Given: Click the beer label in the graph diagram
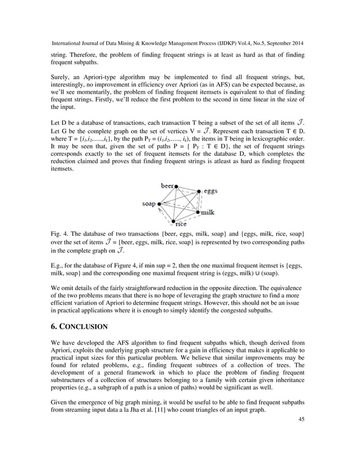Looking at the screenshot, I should pos(167,186).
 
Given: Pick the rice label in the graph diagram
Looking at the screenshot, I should pos(181,225).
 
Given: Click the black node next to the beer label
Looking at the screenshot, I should pos(177,186).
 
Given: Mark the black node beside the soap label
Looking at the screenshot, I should pos(159,204).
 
